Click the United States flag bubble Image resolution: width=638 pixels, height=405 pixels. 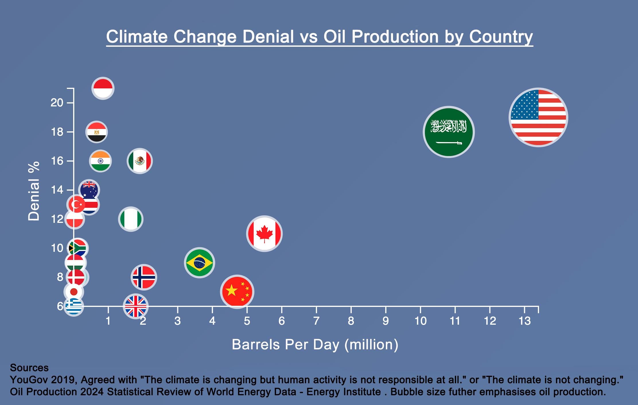tap(538, 117)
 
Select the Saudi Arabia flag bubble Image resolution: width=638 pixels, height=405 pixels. tap(449, 132)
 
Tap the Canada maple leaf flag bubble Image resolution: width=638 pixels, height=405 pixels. tap(264, 233)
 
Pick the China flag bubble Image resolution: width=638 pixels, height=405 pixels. tap(237, 292)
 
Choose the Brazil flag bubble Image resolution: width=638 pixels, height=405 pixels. tap(199, 263)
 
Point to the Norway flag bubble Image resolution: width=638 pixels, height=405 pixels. tap(144, 277)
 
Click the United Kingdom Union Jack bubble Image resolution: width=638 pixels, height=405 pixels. tap(135, 306)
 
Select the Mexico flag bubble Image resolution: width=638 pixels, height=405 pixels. tap(140, 161)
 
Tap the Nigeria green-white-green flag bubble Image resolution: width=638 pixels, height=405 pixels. tap(131, 219)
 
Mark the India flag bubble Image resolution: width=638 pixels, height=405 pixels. tap(100, 161)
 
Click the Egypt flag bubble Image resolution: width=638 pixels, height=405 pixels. tap(96, 132)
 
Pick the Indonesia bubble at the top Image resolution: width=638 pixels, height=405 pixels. tap(103, 88)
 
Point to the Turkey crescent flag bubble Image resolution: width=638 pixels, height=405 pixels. tap(76, 205)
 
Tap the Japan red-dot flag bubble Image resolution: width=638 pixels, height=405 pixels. tap(74, 292)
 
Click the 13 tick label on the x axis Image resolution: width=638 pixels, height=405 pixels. tap(524, 321)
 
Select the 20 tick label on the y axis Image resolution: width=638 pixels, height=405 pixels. tap(57, 103)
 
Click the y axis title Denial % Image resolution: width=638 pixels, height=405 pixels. tap(34, 191)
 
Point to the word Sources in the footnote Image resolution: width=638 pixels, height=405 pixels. tap(29, 368)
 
